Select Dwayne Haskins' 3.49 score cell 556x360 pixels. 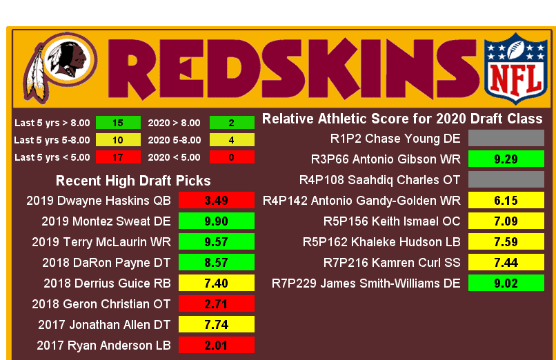[x=217, y=201]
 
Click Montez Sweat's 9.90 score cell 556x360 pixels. [x=217, y=221]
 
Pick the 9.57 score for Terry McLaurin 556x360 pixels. [x=217, y=241]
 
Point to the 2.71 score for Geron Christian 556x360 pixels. [x=217, y=303]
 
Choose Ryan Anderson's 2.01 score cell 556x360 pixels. [x=217, y=345]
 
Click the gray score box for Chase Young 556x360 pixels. [x=506, y=139]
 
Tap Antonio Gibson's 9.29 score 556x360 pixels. [x=506, y=159]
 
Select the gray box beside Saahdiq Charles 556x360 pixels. [x=506, y=180]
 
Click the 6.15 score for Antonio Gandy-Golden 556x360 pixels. [x=506, y=201]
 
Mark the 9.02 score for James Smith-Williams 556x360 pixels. [x=506, y=283]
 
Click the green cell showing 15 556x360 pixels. [x=117, y=123]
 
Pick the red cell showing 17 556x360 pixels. [x=117, y=157]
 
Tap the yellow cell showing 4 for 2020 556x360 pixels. [x=231, y=140]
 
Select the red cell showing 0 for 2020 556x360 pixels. [x=231, y=157]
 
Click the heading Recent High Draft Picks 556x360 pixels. [x=133, y=181]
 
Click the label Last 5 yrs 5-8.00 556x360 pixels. [x=52, y=140]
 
